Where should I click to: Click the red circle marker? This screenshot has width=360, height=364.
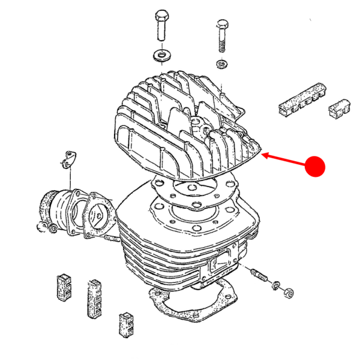click(314, 166)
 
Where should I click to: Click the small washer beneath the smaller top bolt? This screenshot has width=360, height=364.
click(221, 64)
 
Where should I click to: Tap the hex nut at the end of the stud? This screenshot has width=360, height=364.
click(287, 293)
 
